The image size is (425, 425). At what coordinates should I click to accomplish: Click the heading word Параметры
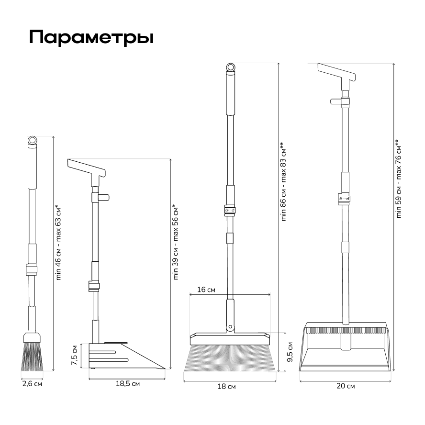coord(91,37)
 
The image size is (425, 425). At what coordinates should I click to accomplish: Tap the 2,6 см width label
coord(32,384)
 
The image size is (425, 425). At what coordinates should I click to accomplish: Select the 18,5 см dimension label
coord(128,384)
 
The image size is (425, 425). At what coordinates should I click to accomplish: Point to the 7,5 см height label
coord(75,355)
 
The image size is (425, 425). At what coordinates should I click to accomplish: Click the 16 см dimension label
coord(206,290)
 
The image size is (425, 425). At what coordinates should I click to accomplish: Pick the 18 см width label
coord(226,387)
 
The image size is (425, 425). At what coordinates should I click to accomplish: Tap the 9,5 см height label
coord(290,352)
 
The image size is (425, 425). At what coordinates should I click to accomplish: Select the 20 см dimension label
coord(346,386)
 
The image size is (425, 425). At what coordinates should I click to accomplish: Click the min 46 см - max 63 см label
coord(58,243)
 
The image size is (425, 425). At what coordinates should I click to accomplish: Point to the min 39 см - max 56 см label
coord(175,242)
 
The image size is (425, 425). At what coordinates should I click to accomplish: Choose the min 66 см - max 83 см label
coord(283,181)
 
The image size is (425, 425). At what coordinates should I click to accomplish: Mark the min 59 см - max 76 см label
coord(398,179)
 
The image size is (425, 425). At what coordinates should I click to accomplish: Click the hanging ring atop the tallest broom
coord(230,67)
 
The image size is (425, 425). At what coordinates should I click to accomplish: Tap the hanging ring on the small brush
coord(32,140)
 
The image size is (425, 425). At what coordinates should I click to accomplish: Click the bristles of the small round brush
coord(32,357)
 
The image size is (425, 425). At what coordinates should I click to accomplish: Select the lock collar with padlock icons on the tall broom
coord(230,210)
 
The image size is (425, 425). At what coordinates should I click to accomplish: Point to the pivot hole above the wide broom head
coord(230,327)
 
